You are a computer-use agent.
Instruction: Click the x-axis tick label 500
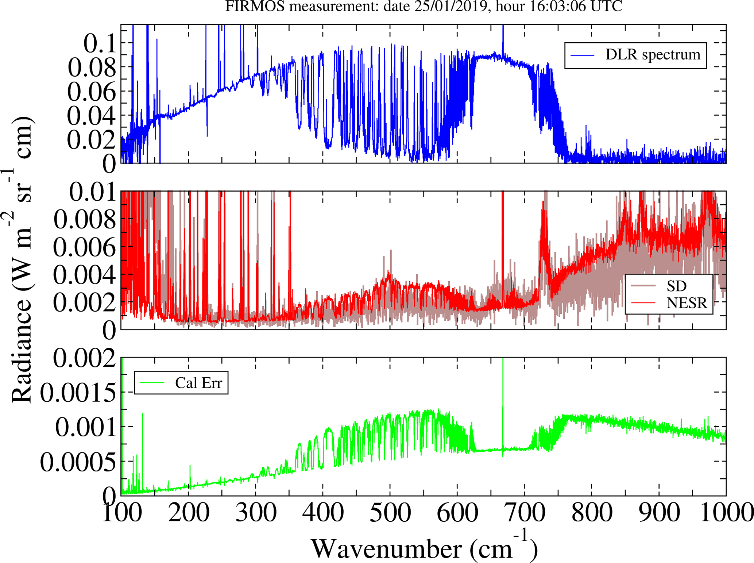390,513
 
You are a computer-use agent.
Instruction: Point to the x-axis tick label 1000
726,513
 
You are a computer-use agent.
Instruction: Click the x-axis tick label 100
121,513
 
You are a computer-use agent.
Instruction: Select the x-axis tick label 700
524,513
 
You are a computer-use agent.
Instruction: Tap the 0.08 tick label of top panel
92,68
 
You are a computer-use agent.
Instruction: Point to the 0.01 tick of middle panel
92,192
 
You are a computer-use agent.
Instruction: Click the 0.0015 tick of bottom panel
78,393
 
